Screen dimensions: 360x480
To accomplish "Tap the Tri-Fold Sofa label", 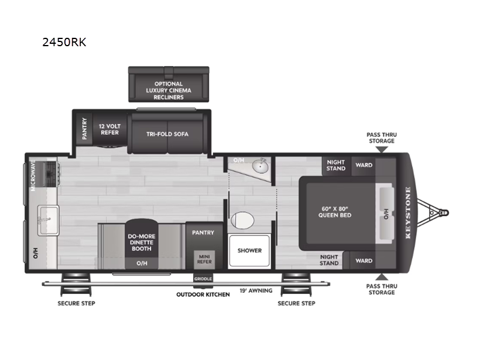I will [x=167, y=134].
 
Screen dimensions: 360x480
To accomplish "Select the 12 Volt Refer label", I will [x=109, y=128].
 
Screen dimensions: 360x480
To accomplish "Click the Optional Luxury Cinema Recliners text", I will [x=169, y=91].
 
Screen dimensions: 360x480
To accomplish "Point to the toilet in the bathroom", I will [x=244, y=220].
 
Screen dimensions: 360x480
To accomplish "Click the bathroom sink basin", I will [x=260, y=166].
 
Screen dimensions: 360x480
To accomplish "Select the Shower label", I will [x=249, y=250].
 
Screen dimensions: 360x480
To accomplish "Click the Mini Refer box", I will [x=204, y=258].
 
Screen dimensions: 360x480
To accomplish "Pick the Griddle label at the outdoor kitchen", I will [x=203, y=278].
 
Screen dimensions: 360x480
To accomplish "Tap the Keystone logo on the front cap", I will [x=408, y=213].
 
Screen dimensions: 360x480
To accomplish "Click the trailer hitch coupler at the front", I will [x=443, y=212].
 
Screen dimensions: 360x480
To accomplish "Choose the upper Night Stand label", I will [x=336, y=164].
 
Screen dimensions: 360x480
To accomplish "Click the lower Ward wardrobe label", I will [x=364, y=260].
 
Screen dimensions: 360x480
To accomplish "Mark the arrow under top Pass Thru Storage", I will [x=382, y=149].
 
